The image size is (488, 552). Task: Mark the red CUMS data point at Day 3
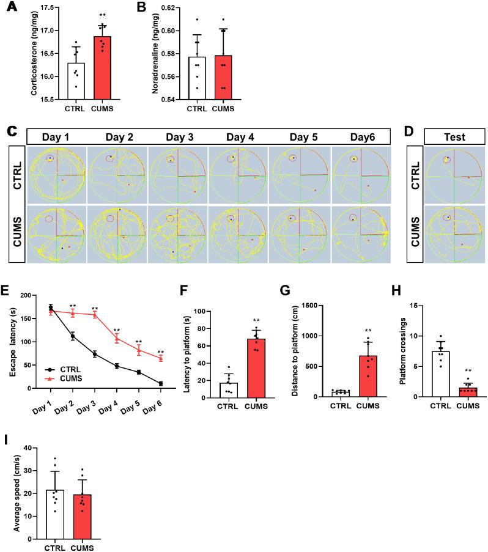pos(95,315)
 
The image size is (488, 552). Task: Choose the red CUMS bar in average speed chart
pos(84,503)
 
